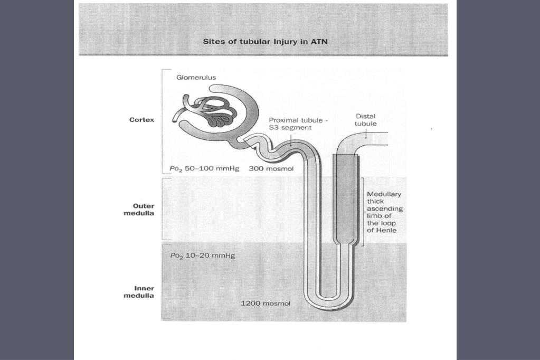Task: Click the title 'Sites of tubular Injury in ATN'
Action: click(x=265, y=42)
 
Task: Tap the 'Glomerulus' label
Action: click(x=196, y=77)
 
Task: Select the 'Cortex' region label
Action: click(x=142, y=120)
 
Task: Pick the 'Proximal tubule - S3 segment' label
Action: click(x=298, y=124)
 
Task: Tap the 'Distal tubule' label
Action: click(x=366, y=120)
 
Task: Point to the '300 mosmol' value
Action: click(x=271, y=169)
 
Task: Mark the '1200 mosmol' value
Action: click(x=265, y=304)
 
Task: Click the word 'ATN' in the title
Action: click(x=320, y=42)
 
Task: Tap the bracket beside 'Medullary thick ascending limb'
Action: click(x=364, y=211)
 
